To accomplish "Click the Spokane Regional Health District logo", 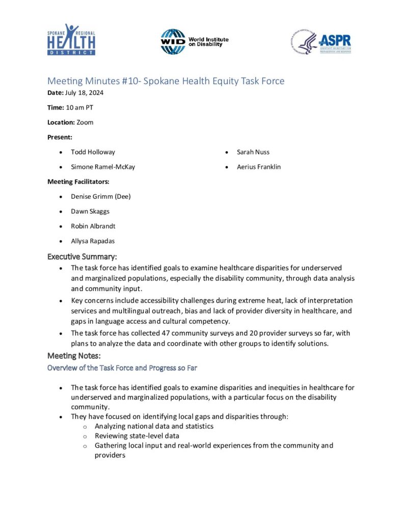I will click(71, 39).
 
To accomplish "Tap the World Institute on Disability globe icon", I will click(173, 41).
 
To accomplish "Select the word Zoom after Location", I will click(85, 122).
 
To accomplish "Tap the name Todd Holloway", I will click(93, 152).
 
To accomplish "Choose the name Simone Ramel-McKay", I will click(103, 167).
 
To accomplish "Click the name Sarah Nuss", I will click(253, 152).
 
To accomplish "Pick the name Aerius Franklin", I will click(259, 167).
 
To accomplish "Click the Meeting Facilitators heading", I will click(78, 181).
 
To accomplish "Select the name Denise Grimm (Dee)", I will click(101, 196).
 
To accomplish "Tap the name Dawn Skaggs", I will click(90, 211).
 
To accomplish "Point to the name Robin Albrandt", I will click(94, 226).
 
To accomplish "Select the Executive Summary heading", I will click(82, 256).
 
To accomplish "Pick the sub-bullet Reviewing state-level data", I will click(137, 436).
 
